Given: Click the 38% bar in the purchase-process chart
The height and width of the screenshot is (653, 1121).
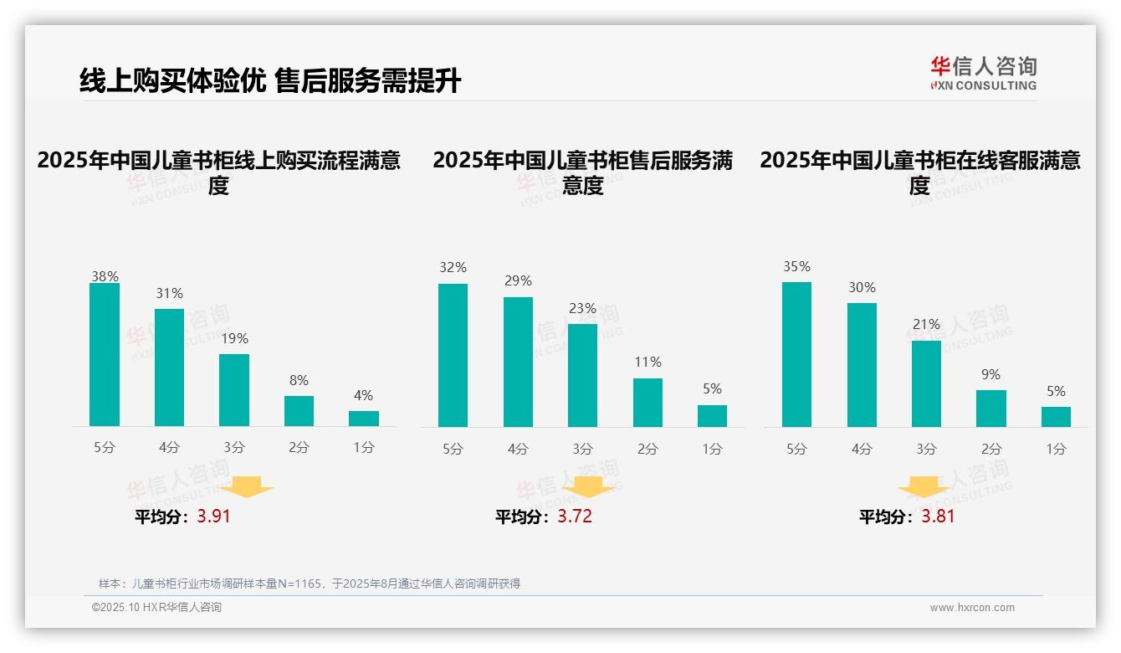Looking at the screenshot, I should (105, 355).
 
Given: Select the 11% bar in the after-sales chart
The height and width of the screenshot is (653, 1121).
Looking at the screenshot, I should (648, 403).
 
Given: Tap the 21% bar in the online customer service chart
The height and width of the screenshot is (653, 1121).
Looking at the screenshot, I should (926, 383).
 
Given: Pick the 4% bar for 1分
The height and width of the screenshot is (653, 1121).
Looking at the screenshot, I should (364, 419).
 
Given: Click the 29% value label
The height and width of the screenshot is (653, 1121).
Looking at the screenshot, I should (518, 281).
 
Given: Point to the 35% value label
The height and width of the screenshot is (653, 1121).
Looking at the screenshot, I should (796, 266).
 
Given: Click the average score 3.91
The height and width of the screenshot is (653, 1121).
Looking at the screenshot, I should (213, 517).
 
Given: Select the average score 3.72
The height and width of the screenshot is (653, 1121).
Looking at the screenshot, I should (575, 517).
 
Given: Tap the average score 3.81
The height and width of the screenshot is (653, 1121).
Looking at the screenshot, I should (938, 517).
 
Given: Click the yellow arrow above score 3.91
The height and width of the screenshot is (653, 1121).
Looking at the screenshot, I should (247, 486).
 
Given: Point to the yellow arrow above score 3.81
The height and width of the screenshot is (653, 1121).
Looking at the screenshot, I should (924, 486).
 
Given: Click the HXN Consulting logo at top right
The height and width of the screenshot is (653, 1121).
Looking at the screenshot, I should (983, 74).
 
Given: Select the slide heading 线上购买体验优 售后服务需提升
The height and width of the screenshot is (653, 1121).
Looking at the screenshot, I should (270, 81).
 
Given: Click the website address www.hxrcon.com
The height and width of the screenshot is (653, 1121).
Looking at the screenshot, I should (971, 608).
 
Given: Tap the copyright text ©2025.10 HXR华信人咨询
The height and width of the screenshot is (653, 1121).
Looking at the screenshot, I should (156, 608).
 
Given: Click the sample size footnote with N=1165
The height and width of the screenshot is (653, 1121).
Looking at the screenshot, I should (310, 584).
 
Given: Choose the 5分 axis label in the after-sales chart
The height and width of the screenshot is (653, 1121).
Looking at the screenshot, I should (453, 449).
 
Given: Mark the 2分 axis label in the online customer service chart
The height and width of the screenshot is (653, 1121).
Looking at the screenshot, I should (991, 449).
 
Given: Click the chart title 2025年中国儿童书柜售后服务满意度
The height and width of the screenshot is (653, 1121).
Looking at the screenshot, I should (583, 172).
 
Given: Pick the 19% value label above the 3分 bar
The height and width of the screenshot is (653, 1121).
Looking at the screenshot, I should (234, 339).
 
